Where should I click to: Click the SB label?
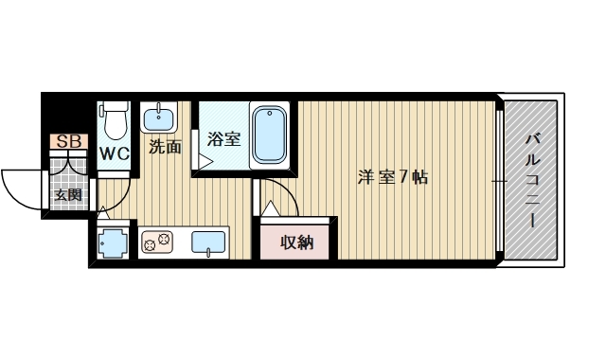[68, 142]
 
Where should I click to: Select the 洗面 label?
[165, 147]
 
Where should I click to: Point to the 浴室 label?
[223, 139]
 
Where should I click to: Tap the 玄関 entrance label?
[67, 196]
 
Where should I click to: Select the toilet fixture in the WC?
[115, 121]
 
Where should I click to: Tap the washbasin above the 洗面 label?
[159, 119]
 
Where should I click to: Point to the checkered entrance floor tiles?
[66, 177]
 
